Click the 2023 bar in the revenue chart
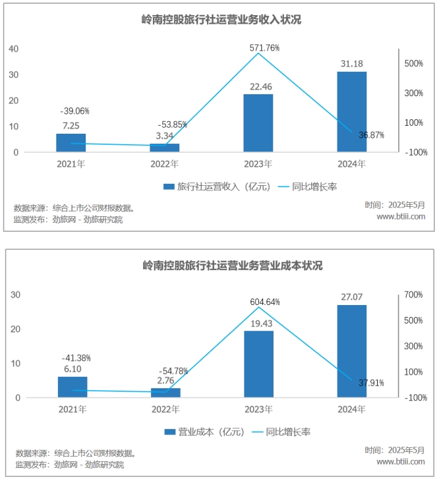258,123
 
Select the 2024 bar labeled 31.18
351,112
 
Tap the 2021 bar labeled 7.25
71,143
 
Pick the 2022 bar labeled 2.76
165,393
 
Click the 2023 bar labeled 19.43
258,364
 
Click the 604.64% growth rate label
264,302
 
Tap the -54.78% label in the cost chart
173,370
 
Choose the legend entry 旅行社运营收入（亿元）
217,187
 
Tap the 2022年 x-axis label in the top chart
165,164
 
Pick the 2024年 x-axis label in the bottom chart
352,409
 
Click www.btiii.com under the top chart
401,216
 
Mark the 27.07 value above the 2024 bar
352,297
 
